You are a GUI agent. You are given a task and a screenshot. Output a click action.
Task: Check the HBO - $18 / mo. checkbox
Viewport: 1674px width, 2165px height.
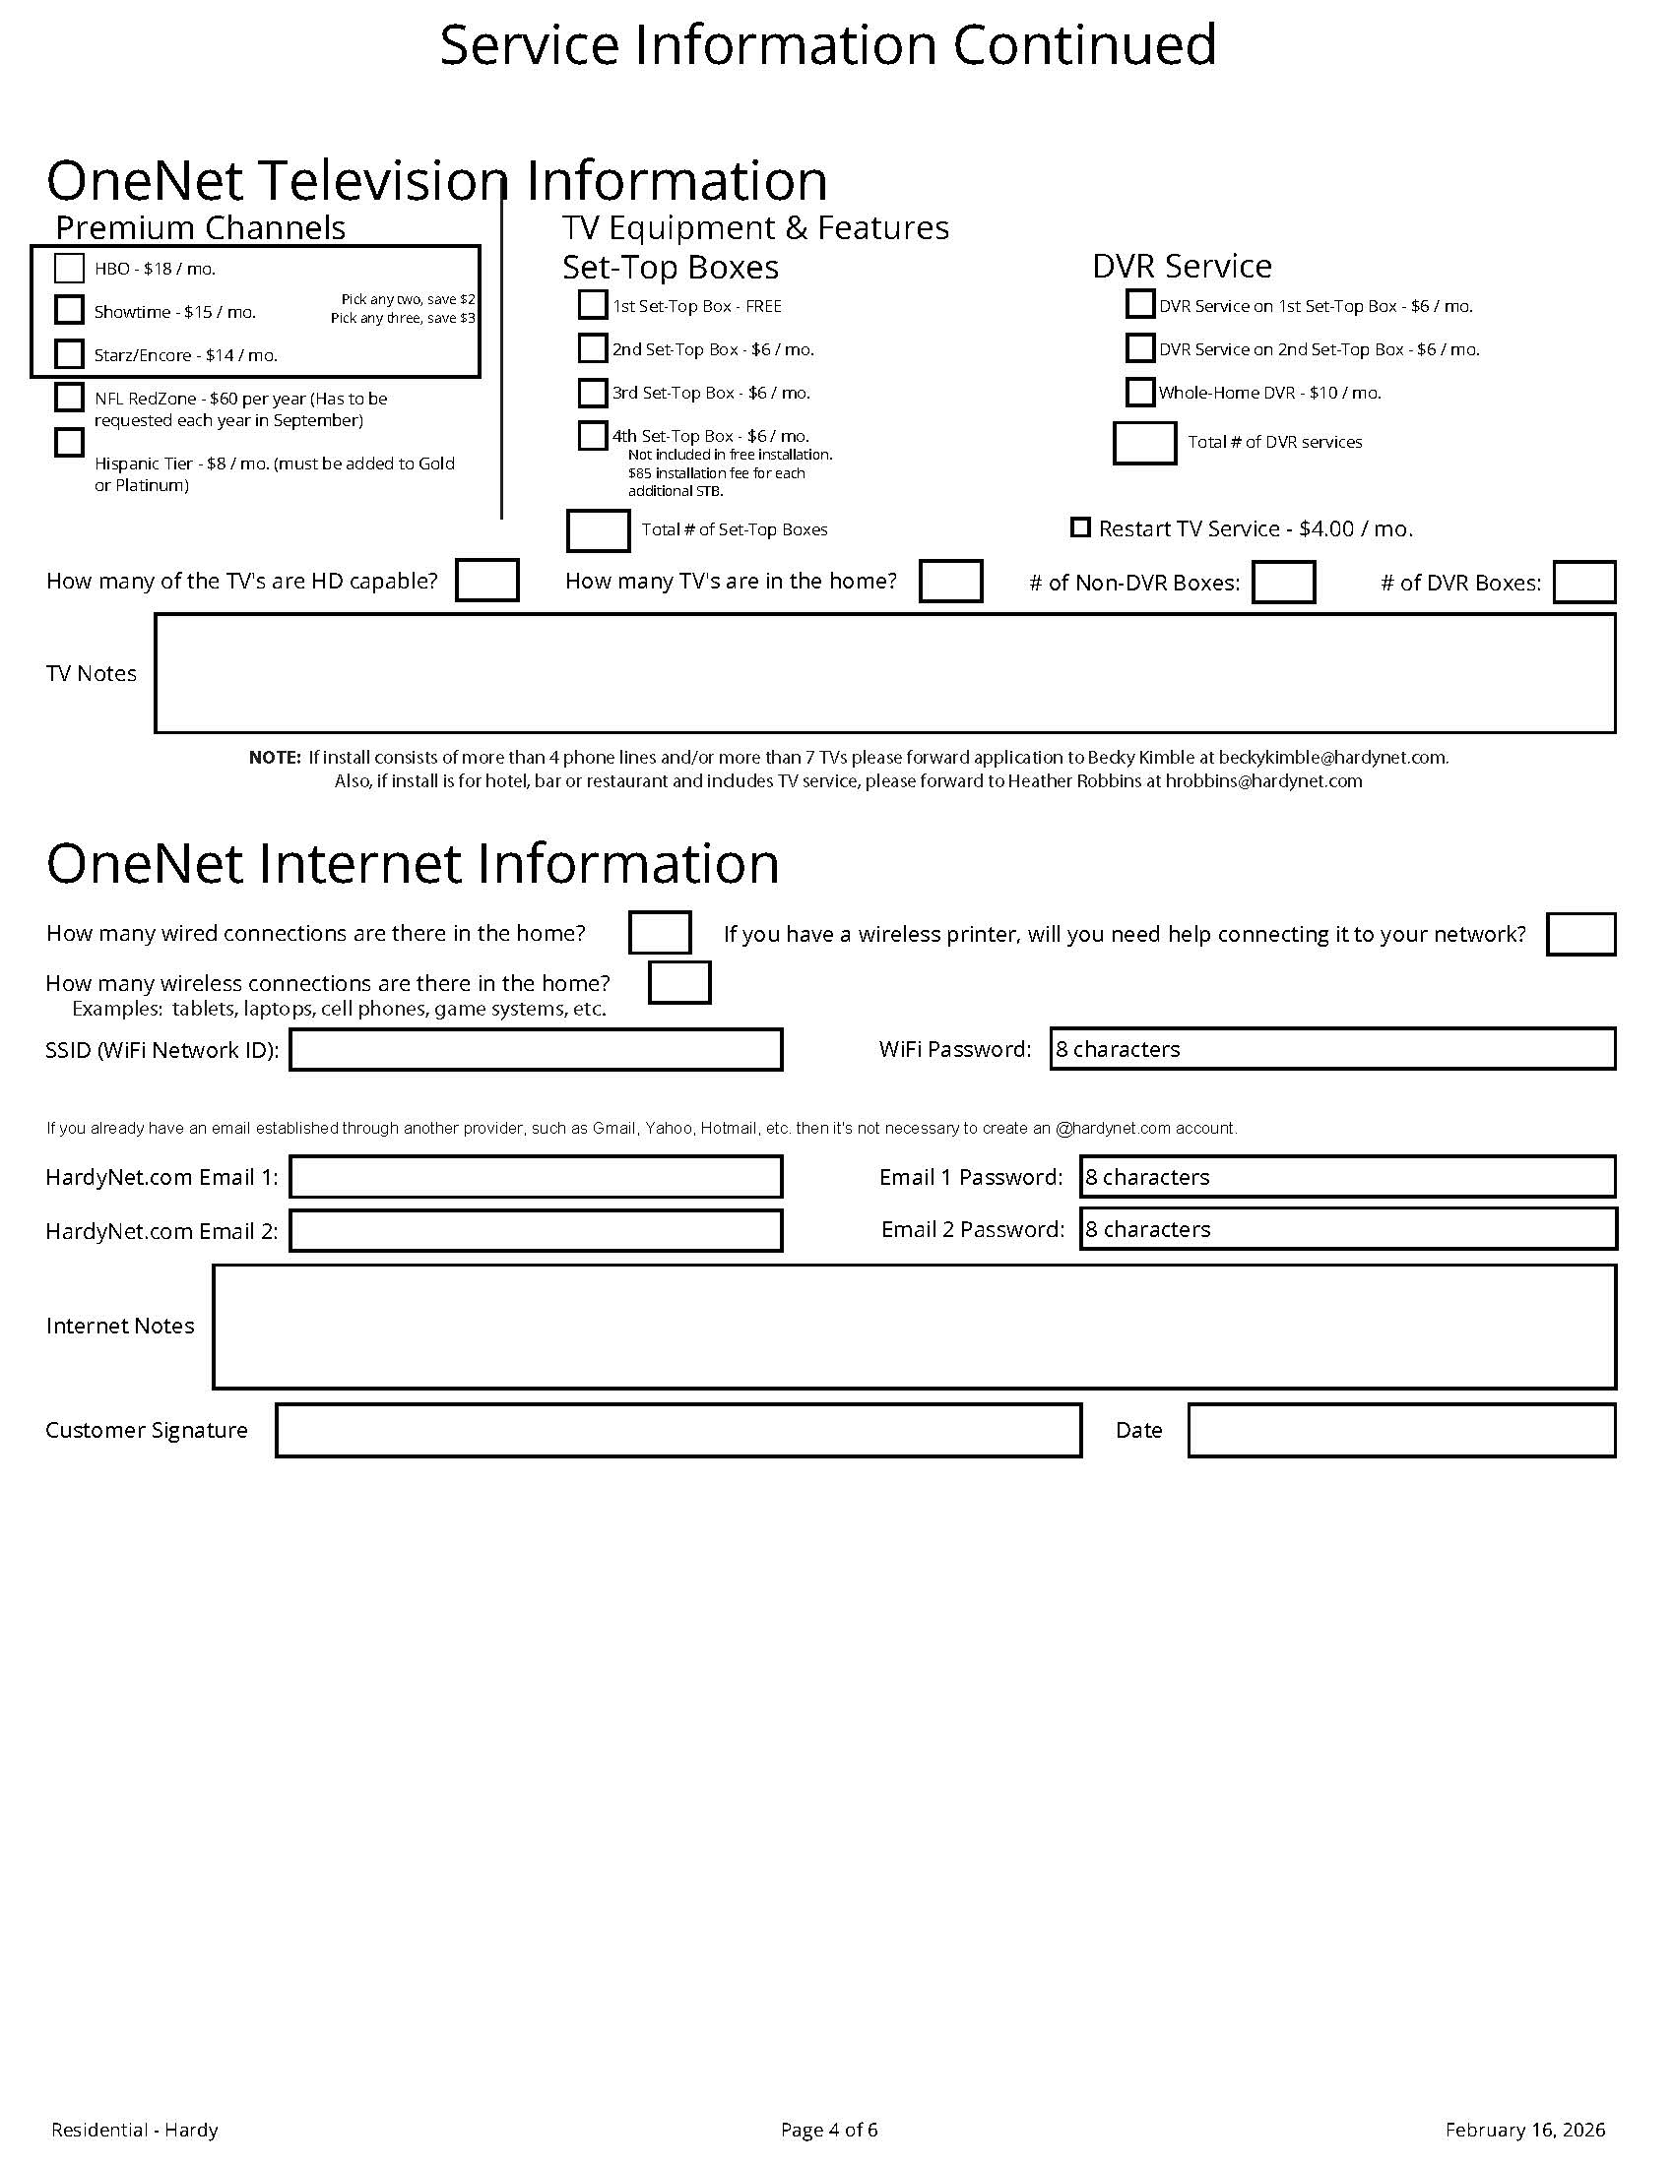(68, 268)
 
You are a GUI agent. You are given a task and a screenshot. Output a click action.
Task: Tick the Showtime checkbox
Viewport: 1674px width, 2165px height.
(68, 310)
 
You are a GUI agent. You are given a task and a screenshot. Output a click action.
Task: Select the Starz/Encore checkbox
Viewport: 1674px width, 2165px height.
(68, 354)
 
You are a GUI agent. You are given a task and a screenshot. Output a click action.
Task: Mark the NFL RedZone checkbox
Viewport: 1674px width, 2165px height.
(68, 398)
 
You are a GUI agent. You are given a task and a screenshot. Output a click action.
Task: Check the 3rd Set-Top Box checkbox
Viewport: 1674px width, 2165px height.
(592, 393)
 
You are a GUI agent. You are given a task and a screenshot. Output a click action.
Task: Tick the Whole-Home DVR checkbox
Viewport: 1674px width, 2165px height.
(1140, 393)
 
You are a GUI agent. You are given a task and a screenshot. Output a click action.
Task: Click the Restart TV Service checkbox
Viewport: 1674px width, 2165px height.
(1080, 527)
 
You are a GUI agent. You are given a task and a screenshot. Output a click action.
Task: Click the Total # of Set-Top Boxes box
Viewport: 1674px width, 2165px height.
(597, 530)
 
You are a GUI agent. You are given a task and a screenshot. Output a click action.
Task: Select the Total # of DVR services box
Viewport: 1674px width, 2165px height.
(1144, 443)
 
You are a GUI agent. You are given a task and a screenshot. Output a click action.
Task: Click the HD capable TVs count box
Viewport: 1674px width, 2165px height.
(486, 581)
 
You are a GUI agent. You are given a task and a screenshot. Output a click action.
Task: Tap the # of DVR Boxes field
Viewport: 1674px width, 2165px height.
(1583, 582)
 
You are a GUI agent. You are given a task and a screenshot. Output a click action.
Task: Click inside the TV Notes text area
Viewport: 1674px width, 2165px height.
(884, 674)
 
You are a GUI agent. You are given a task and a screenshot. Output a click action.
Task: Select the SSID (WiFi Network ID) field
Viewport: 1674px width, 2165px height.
(536, 1050)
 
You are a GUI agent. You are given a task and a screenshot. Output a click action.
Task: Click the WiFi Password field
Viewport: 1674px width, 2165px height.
(1333, 1049)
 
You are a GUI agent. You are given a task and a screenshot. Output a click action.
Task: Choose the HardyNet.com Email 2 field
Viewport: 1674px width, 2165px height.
(536, 1230)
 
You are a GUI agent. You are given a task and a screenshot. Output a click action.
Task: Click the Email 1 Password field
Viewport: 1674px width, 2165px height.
(1348, 1177)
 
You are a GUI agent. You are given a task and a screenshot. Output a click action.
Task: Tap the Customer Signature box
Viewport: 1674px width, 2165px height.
(678, 1431)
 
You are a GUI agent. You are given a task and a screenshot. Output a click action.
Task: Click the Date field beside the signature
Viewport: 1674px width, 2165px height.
(1401, 1431)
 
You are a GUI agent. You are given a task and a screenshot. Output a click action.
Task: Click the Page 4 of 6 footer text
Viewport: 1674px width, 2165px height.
(829, 2130)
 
